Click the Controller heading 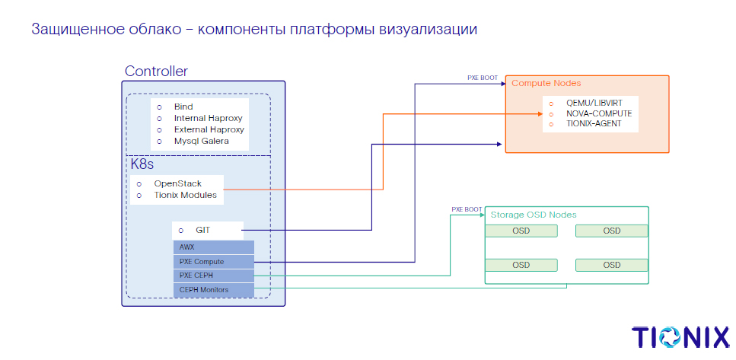click(x=156, y=72)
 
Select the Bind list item click(x=183, y=107)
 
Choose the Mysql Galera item click(x=201, y=142)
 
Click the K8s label click(x=143, y=164)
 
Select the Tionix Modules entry click(x=185, y=196)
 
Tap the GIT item click(x=203, y=229)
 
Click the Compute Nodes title click(x=546, y=83)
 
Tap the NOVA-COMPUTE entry click(x=599, y=113)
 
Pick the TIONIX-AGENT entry click(x=594, y=123)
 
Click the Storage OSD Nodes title click(x=534, y=215)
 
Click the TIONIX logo click(x=680, y=338)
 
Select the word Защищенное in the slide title click(x=75, y=30)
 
